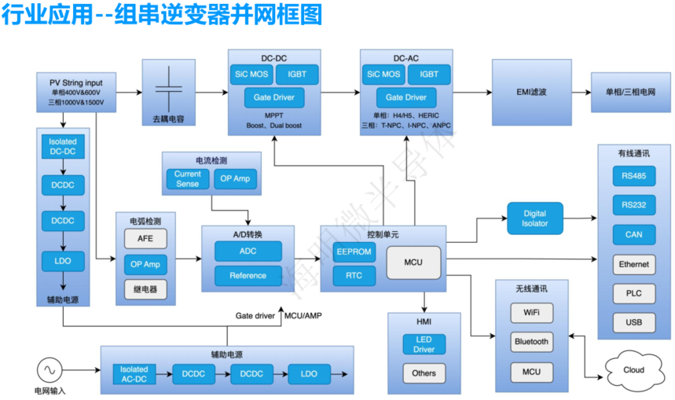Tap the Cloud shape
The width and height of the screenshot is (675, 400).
(634, 370)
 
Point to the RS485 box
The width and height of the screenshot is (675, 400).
(634, 175)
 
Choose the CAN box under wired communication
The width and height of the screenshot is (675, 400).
(634, 234)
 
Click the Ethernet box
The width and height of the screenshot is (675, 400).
(634, 265)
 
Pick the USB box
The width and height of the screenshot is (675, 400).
(634, 322)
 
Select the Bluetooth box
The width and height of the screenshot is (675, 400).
(531, 342)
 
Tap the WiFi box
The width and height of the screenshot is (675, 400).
(531, 313)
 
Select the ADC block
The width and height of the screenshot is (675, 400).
(248, 252)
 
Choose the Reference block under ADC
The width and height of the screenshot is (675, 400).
(248, 276)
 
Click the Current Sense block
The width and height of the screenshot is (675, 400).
(187, 179)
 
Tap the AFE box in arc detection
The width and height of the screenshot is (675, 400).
(145, 239)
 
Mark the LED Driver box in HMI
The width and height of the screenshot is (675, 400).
(424, 343)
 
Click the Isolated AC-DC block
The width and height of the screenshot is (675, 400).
(134, 374)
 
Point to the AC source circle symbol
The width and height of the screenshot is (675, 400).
(47, 369)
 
